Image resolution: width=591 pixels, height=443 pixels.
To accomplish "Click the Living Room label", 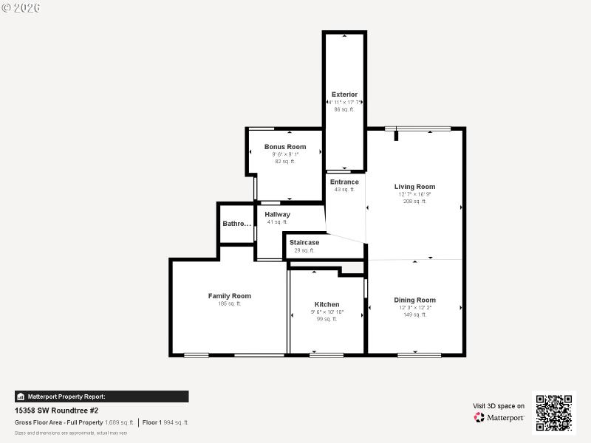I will (414, 187).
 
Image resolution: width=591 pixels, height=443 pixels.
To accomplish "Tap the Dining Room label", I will (414, 300).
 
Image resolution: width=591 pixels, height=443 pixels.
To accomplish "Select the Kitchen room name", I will (327, 304).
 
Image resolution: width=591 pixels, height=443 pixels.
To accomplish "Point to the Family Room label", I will (229, 296).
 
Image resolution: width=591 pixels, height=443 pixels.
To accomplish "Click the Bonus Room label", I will (285, 147).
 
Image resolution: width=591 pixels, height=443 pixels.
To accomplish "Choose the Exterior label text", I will (344, 95).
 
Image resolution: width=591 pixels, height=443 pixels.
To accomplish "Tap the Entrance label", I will (344, 182).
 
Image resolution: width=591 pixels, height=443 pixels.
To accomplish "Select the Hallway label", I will (277, 214).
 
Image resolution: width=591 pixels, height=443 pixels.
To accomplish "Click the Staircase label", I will (304, 242).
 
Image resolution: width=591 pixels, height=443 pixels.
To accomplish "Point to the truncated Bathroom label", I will (237, 224).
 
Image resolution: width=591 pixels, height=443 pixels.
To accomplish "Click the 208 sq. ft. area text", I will (414, 201).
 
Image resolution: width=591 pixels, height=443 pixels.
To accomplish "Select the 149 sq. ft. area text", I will (414, 315).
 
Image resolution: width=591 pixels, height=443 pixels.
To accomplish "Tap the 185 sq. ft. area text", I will (229, 303).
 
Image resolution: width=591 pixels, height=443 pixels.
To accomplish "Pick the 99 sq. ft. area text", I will (327, 319).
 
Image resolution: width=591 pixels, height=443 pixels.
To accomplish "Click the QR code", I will (554, 412).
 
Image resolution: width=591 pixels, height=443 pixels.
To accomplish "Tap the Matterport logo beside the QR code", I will (499, 417).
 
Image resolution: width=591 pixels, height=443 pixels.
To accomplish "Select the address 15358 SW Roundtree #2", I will (56, 411).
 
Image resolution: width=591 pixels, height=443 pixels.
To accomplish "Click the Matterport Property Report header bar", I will (101, 396).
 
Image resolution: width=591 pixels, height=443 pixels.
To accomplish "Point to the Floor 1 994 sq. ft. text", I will (165, 422).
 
